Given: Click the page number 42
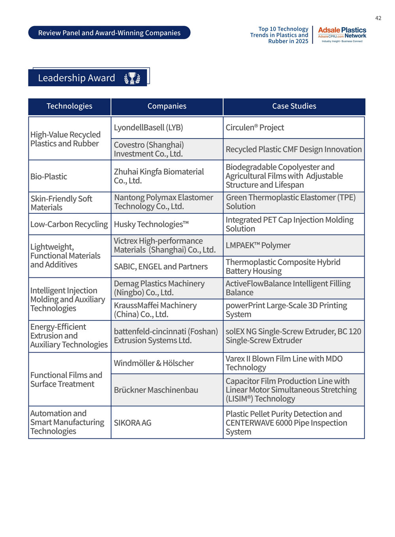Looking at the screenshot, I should pyautogui.click(x=378, y=18).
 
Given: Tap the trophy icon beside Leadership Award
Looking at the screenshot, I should pyautogui.click(x=132, y=78).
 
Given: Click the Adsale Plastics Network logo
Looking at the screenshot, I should pyautogui.click(x=342, y=35).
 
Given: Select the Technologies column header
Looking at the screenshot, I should pyautogui.click(x=70, y=106).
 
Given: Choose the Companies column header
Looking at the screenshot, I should pyautogui.click(x=167, y=106).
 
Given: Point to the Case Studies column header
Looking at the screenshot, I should pyautogui.click(x=294, y=106).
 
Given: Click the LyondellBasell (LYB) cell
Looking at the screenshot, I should pyautogui.click(x=149, y=127).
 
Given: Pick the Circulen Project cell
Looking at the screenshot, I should pyautogui.click(x=255, y=127).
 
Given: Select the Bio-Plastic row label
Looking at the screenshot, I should pyautogui.click(x=49, y=176).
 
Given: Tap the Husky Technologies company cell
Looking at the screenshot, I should pyautogui.click(x=151, y=224).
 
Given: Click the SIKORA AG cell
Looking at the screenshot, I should pyautogui.click(x=133, y=423).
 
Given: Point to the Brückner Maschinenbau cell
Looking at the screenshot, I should pyautogui.click(x=156, y=390).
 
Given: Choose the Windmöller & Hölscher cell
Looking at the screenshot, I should pyautogui.click(x=154, y=363).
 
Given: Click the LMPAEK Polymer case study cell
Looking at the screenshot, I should pyautogui.click(x=258, y=245).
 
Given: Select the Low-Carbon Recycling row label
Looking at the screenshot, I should pyautogui.click(x=69, y=224).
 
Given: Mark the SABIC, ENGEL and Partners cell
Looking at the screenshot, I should pyautogui.click(x=161, y=267).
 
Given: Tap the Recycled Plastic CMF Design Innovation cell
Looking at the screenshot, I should pyautogui.click(x=293, y=149).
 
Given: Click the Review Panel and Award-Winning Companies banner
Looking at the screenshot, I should pyautogui.click(x=109, y=33).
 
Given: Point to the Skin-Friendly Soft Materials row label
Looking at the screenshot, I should pyautogui.click(x=61, y=203).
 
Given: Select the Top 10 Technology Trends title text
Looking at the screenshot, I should pyautogui.click(x=279, y=35).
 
